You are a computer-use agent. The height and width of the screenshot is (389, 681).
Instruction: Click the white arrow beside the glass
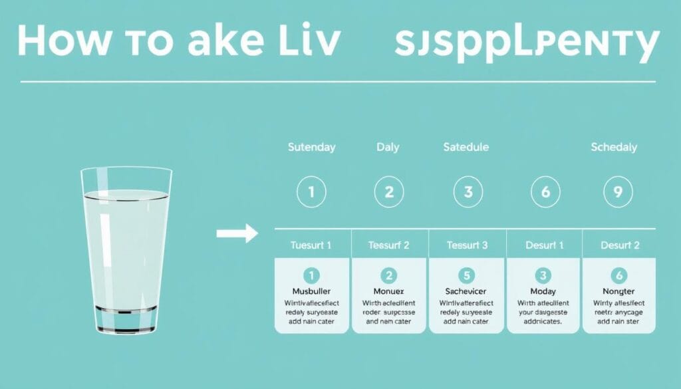(237, 233)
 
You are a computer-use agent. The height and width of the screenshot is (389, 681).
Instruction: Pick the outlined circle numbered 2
(389, 193)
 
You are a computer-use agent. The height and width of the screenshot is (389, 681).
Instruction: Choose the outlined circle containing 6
(545, 193)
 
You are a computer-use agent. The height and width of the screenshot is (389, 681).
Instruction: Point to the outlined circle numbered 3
(468, 193)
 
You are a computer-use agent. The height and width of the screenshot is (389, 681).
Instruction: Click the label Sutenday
(311, 147)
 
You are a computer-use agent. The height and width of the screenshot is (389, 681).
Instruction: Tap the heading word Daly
(389, 147)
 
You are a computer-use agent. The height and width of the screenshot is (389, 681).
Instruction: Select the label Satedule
(466, 147)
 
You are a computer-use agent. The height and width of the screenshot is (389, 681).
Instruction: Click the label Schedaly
(614, 147)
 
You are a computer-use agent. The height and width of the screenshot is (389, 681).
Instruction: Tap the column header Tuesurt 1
(311, 245)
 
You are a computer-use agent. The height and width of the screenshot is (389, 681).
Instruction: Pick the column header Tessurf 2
(390, 245)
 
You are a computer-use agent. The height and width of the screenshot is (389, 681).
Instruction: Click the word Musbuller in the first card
(312, 291)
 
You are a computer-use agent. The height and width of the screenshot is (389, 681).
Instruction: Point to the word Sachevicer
(467, 291)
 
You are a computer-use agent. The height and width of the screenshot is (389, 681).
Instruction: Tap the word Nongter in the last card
(618, 291)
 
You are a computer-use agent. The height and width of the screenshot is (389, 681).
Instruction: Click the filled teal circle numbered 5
(468, 275)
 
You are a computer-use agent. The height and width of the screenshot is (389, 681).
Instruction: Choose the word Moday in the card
(544, 291)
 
